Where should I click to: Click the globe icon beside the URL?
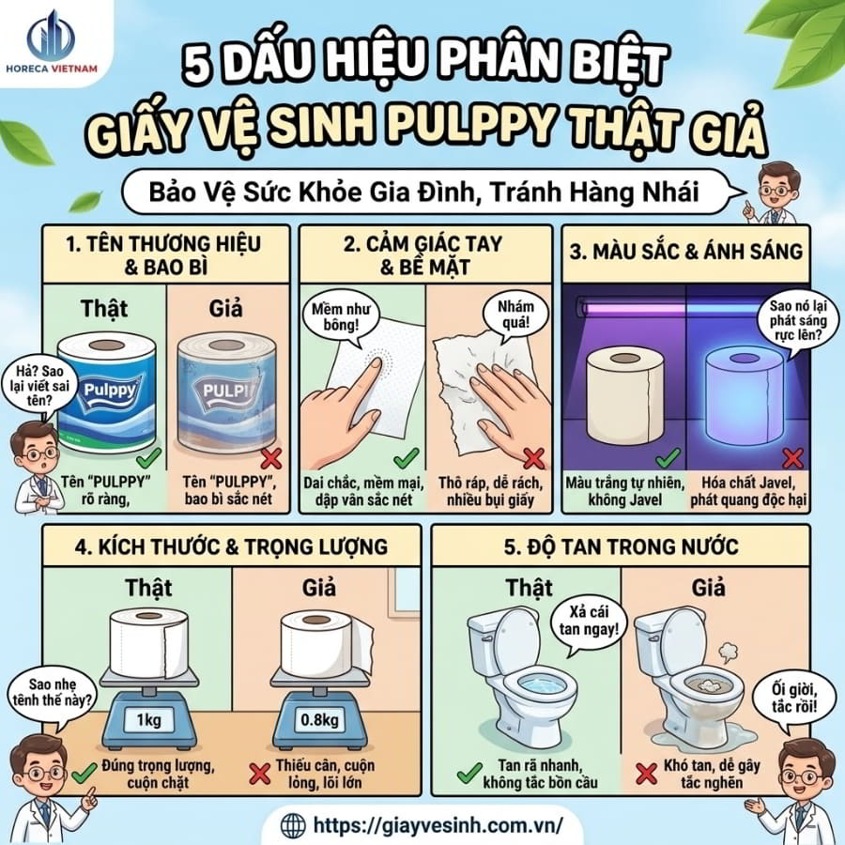click(x=294, y=825)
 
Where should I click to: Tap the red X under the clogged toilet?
click(x=645, y=774)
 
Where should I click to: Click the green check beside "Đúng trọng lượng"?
click(x=84, y=773)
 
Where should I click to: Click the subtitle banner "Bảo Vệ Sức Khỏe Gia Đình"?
click(x=422, y=192)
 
